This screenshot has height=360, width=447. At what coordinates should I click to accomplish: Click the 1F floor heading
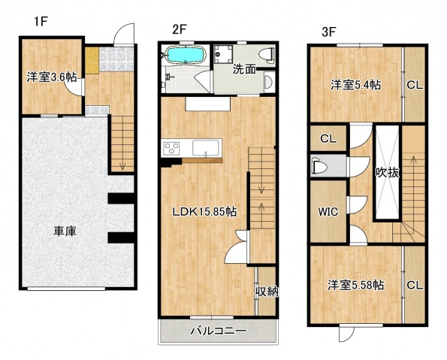[40, 22]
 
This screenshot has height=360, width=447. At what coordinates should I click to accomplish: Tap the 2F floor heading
[179, 30]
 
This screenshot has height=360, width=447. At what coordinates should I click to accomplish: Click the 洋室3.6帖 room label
[50, 77]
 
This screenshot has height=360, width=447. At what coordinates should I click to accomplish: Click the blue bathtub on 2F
[184, 56]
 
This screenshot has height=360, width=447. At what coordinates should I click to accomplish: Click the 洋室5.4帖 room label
[355, 85]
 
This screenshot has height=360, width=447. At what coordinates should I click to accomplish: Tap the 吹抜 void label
[388, 171]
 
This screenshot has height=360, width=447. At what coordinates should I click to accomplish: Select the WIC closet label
[328, 211]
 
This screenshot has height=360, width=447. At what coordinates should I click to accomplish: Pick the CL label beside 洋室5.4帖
[415, 85]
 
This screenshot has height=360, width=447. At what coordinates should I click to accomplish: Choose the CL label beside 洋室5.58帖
[415, 286]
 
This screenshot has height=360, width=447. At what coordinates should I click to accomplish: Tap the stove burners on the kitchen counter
[170, 148]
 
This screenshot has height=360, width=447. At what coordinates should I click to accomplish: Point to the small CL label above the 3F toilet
[328, 138]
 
